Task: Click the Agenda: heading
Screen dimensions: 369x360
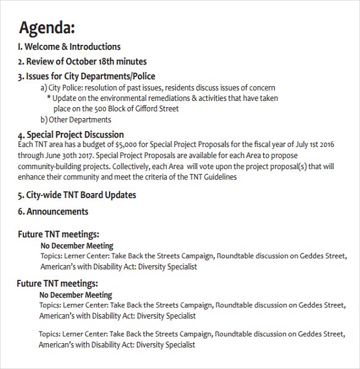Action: click(47, 28)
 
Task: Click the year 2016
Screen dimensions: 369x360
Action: click(325, 145)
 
